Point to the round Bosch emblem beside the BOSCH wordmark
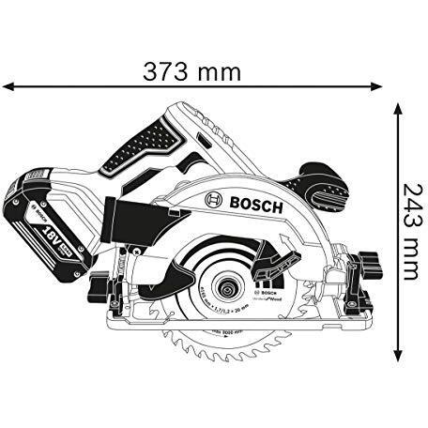pos(210,200)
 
